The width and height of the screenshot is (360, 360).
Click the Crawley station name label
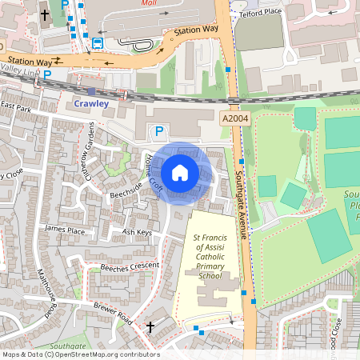point(90,103)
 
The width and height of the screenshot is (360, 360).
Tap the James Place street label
point(65,229)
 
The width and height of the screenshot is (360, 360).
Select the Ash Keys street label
point(137,232)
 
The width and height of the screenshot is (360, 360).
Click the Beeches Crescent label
point(124,266)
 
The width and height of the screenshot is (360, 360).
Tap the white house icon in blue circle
point(180,172)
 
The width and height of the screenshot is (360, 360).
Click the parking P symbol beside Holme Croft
point(159,130)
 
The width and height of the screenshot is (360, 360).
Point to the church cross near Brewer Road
point(150,326)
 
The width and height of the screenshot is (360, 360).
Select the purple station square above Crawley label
point(91,92)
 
